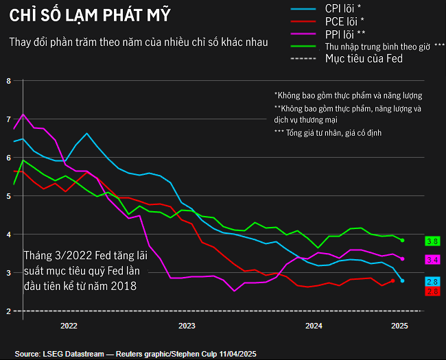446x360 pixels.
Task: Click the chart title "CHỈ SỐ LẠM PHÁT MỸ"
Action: pos(90,14)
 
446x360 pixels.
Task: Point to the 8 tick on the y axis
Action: pos(8,81)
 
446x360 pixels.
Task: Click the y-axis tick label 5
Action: pos(8,196)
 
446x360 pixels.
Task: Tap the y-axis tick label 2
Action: pos(8,311)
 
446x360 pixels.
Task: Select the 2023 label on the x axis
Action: pos(187,326)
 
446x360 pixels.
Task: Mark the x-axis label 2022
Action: pos(69,326)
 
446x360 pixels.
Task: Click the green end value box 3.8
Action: pos(432,241)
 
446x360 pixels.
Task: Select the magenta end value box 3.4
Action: pos(432,260)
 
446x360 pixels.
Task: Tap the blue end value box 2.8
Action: pos(432,282)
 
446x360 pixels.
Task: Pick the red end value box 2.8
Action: pos(432,291)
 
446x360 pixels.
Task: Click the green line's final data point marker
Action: pos(402,241)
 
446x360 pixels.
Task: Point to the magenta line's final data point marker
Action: pos(402,259)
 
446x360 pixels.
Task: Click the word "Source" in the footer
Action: pos(27,353)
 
